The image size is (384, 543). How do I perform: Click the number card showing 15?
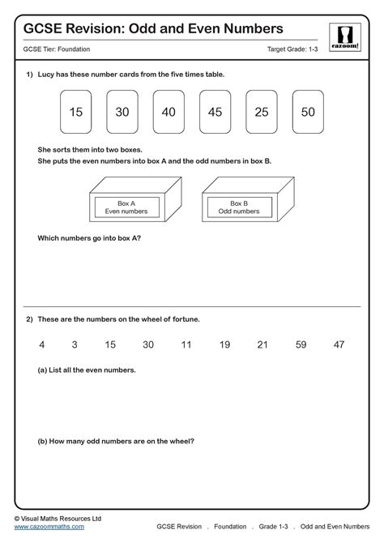point(76,113)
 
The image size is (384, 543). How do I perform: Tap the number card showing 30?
point(122,113)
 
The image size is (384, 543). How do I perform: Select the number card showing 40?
point(169,113)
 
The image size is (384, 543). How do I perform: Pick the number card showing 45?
point(215,113)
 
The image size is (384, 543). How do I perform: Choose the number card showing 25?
point(262,113)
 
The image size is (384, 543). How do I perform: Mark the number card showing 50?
point(308,113)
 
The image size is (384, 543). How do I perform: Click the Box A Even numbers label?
point(126,207)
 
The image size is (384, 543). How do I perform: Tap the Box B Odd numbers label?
point(240,207)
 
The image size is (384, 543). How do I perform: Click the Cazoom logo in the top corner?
point(343,37)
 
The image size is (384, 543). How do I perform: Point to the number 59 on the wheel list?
point(301,344)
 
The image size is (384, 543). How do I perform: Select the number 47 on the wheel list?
point(339,344)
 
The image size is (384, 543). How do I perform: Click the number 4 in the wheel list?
point(41,344)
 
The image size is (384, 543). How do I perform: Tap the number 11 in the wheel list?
point(186,344)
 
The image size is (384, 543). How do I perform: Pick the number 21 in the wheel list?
point(262,344)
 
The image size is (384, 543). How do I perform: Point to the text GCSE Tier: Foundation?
point(58,50)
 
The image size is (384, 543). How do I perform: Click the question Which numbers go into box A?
point(89,238)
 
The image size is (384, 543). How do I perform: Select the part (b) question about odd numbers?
point(116,442)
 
